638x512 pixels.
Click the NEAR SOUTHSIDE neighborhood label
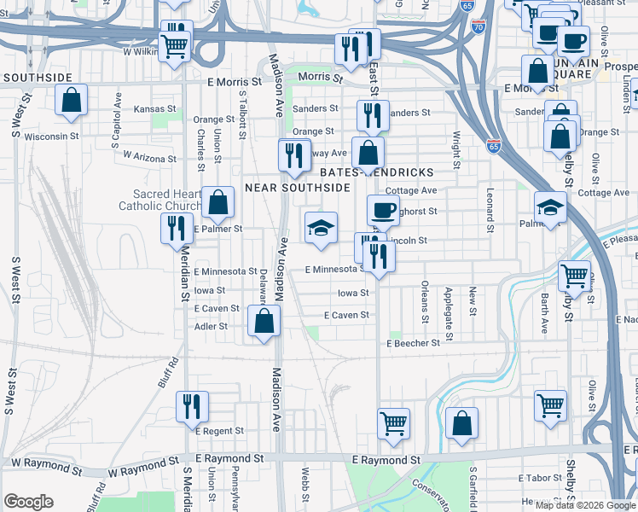coord(297,186)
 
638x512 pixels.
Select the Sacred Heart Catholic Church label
coord(160,201)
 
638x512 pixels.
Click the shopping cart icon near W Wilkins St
coord(176,44)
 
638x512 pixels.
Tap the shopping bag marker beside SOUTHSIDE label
coord(72,99)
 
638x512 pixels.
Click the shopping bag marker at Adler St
coord(264,322)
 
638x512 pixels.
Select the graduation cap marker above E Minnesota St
coord(321,228)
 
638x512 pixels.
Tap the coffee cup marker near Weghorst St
coord(383,209)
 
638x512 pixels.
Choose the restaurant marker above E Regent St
coord(192,406)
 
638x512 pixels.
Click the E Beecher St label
coord(413,342)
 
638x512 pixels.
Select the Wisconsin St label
coord(51,135)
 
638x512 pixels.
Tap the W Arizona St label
coord(149,157)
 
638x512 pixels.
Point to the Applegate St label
coord(449,300)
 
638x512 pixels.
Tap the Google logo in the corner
coord(28,501)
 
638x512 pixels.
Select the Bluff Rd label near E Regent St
coord(168,372)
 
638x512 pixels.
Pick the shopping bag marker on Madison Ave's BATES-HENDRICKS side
coord(368,154)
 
